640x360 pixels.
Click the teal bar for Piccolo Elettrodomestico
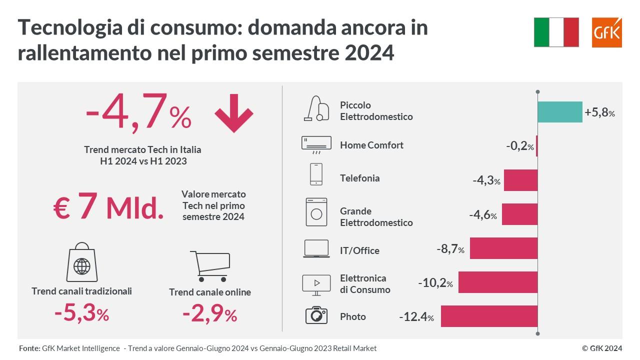[559, 112]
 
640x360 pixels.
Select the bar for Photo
[489, 316]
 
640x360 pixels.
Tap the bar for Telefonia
[520, 180]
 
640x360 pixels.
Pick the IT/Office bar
[503, 248]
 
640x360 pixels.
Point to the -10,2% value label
[435, 283]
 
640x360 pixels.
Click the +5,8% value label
[599, 112]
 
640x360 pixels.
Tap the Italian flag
[556, 32]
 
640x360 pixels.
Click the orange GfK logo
[606, 32]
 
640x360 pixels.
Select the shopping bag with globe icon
[81, 262]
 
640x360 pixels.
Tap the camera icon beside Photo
[316, 315]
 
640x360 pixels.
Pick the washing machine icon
[316, 212]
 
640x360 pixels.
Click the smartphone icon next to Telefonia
[316, 174]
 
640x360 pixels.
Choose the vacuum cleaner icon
[316, 108]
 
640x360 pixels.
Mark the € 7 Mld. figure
[108, 208]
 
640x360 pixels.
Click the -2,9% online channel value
[209, 315]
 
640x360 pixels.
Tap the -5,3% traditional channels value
[81, 314]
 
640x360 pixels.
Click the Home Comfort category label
[371, 145]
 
